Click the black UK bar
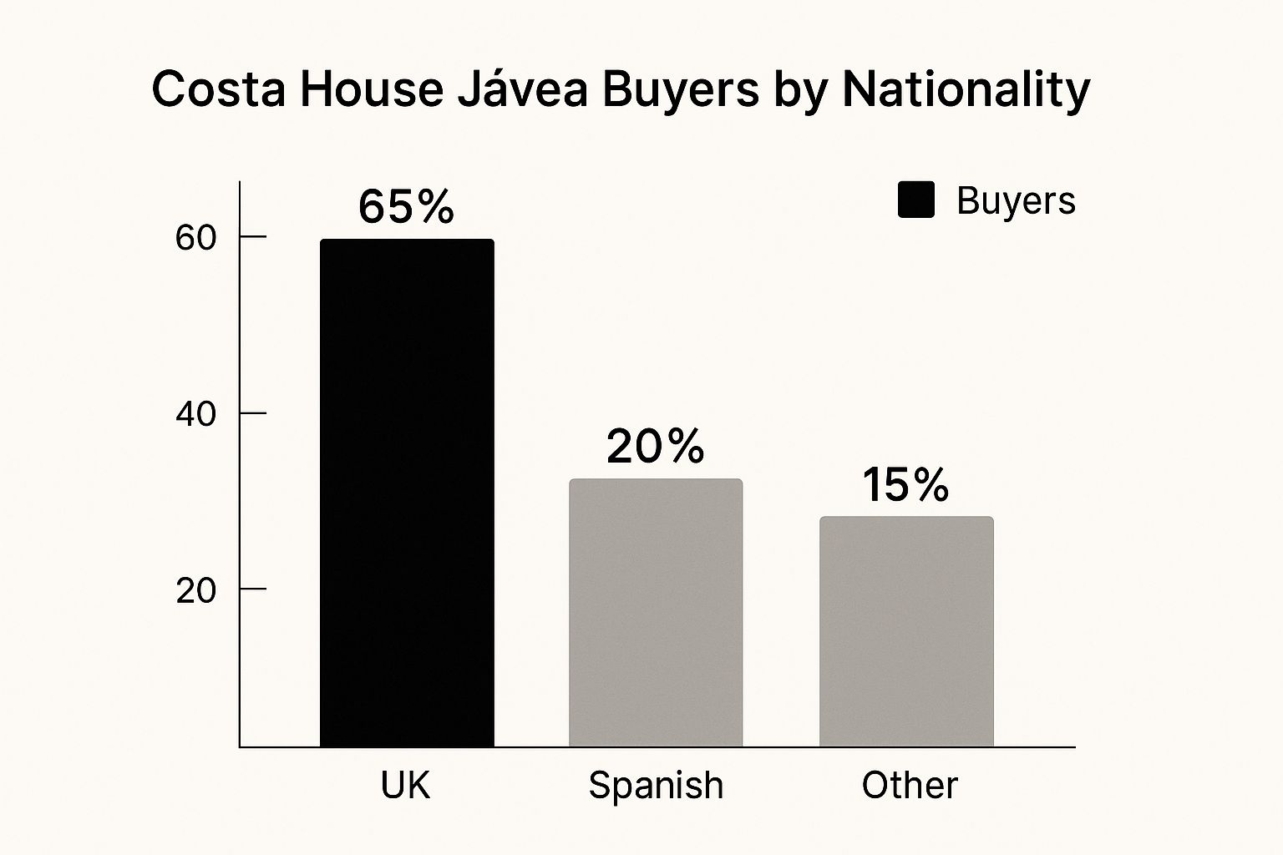[x=407, y=493]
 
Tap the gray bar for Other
[x=906, y=631]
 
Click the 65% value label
[x=406, y=206]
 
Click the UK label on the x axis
[x=406, y=786]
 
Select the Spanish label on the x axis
[x=656, y=786]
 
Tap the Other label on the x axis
[x=910, y=786]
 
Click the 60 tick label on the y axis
[x=196, y=238]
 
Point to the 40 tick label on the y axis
[x=196, y=414]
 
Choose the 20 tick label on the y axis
[x=196, y=590]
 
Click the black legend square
[x=916, y=201]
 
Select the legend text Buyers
[x=1016, y=201]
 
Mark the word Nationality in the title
[x=966, y=90]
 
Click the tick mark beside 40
[x=253, y=412]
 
